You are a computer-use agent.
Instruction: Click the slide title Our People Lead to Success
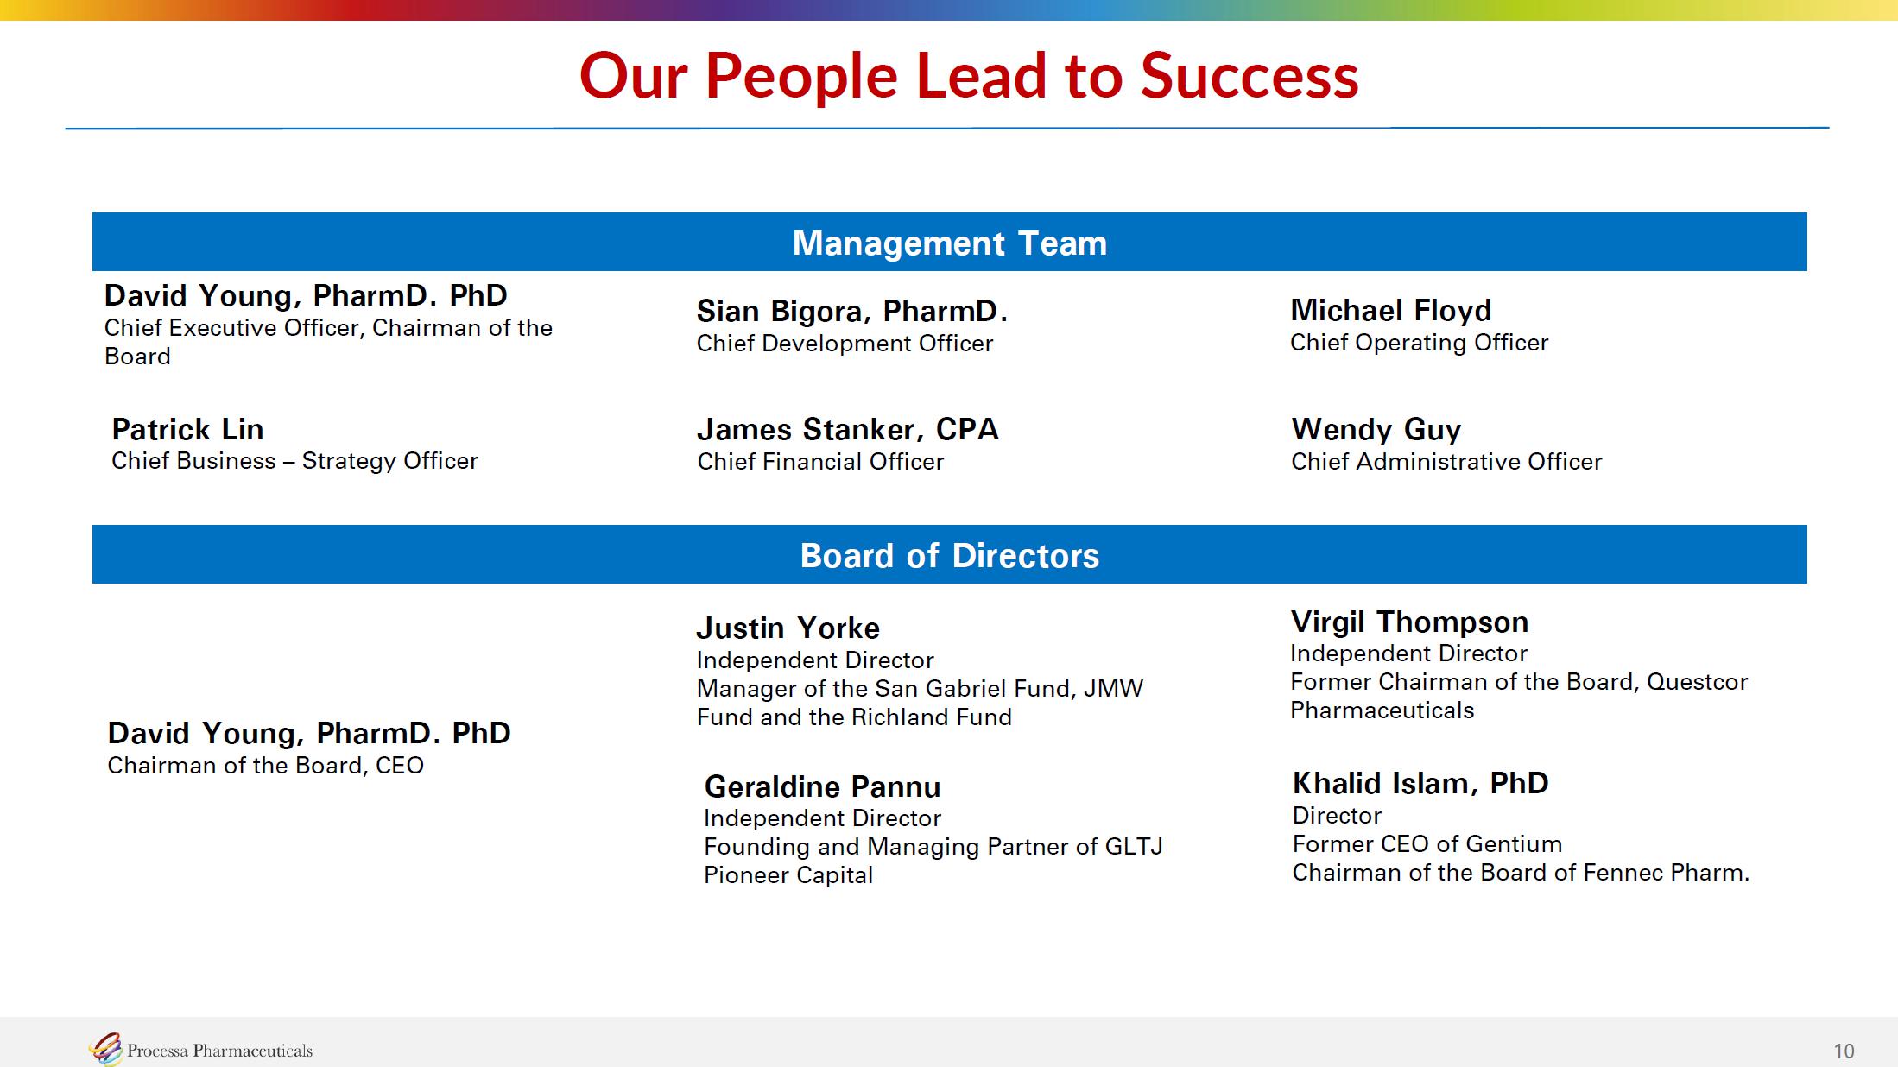coord(969,76)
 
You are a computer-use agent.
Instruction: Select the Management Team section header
coord(950,243)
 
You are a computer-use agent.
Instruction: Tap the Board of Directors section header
coord(950,555)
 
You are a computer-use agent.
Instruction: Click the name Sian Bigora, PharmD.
coord(852,311)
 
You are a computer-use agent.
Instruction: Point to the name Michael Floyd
coord(1390,310)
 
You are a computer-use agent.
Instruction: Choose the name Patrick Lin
coord(187,429)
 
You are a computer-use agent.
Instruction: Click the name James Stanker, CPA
coord(847,429)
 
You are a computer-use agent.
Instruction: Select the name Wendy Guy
coord(1376,429)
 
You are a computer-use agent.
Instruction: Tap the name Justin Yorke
coord(788,628)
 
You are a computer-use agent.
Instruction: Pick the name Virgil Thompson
coord(1409,622)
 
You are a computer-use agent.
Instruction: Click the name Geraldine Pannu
coord(822,786)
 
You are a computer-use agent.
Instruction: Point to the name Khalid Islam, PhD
coord(1420,783)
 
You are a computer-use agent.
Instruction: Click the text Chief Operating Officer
coord(1419,343)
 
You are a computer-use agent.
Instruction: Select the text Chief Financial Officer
coord(820,462)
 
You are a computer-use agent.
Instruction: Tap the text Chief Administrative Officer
coord(1446,462)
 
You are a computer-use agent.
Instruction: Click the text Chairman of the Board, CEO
coord(265,766)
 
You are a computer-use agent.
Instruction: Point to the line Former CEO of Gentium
coord(1427,844)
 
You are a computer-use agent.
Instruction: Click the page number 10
coord(1844,1051)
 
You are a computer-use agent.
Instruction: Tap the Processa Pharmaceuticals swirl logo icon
coord(105,1049)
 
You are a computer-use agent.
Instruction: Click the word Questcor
coord(1697,682)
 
